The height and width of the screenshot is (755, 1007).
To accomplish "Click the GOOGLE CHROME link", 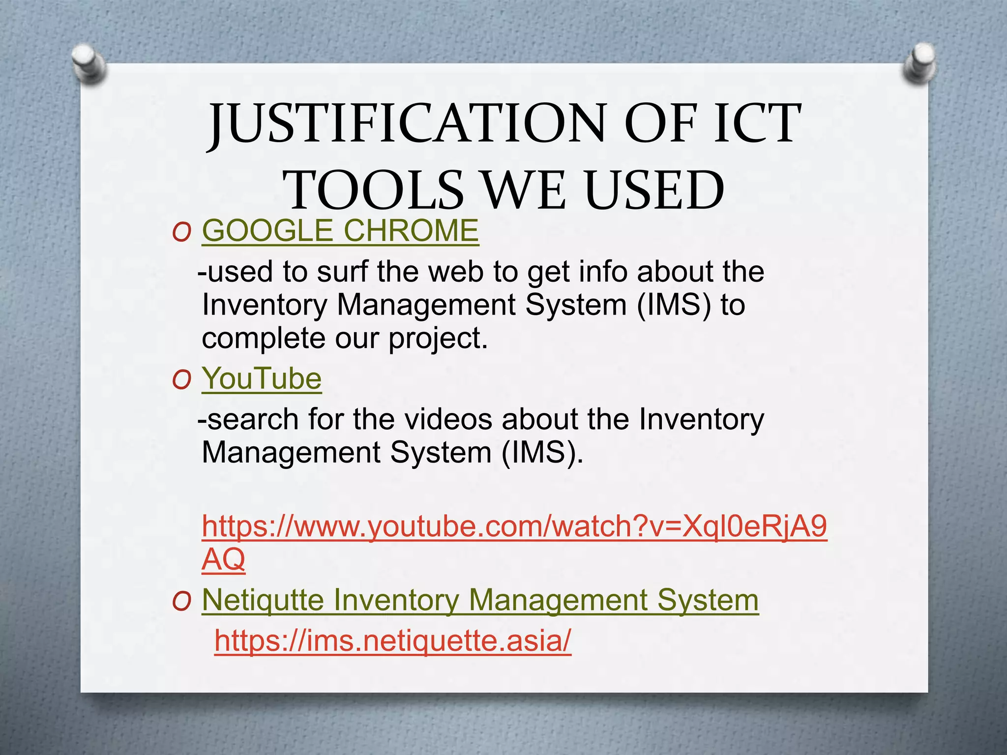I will point(340,231).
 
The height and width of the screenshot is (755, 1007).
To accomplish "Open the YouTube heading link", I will point(262,378).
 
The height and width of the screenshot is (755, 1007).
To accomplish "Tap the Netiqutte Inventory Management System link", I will point(480,600).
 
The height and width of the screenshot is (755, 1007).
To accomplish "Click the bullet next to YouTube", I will point(181,380).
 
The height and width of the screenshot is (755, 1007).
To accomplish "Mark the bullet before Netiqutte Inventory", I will point(181,602).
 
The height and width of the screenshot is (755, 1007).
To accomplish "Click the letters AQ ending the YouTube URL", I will point(223,559).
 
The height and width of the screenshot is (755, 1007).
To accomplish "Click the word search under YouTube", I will point(252,419).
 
